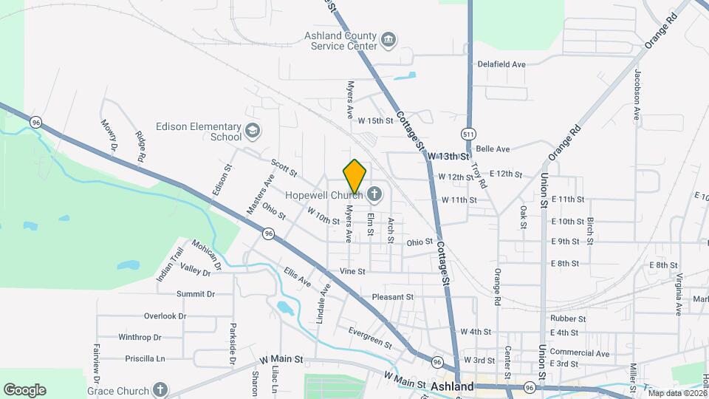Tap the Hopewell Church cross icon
[x=374, y=195]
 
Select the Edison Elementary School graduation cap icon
[x=253, y=131]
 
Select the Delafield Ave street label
[x=501, y=64]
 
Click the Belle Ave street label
[x=493, y=149]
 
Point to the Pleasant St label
[x=393, y=297]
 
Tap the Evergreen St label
[x=369, y=337]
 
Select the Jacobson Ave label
[x=636, y=95]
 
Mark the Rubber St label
[x=568, y=319]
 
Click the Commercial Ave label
[x=580, y=352]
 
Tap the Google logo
[x=24, y=390]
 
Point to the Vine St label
[x=352, y=271]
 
